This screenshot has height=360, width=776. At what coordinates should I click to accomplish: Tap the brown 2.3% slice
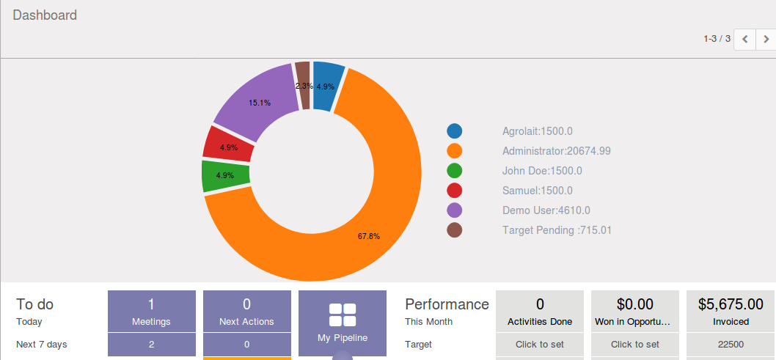[x=303, y=86]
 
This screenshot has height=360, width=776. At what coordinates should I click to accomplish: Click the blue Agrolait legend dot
[x=455, y=131]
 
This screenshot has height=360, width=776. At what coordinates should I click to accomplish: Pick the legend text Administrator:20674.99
[x=556, y=151]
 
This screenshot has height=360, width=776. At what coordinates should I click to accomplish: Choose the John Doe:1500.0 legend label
[x=542, y=171]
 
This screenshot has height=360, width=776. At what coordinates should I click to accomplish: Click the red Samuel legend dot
[x=455, y=191]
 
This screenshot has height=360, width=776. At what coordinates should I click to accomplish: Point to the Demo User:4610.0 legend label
[x=546, y=210]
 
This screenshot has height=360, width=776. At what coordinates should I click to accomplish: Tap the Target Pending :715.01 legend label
[x=557, y=230]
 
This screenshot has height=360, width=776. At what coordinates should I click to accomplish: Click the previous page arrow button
[x=745, y=39]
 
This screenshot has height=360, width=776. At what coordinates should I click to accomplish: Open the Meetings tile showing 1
[x=151, y=312]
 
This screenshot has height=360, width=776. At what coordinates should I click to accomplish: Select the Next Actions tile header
[x=246, y=312]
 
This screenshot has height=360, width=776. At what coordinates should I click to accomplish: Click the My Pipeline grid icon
[x=342, y=315]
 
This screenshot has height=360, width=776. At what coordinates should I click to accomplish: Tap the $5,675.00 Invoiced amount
[x=731, y=304]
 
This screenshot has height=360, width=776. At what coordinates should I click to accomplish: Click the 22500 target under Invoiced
[x=731, y=344]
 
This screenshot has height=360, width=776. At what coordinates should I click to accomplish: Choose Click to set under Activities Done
[x=540, y=344]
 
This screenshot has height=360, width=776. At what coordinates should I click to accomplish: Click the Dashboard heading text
[x=45, y=15]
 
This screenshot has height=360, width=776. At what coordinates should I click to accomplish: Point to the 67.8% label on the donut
[x=369, y=236]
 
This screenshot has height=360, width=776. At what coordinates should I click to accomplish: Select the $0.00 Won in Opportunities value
[x=635, y=304]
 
